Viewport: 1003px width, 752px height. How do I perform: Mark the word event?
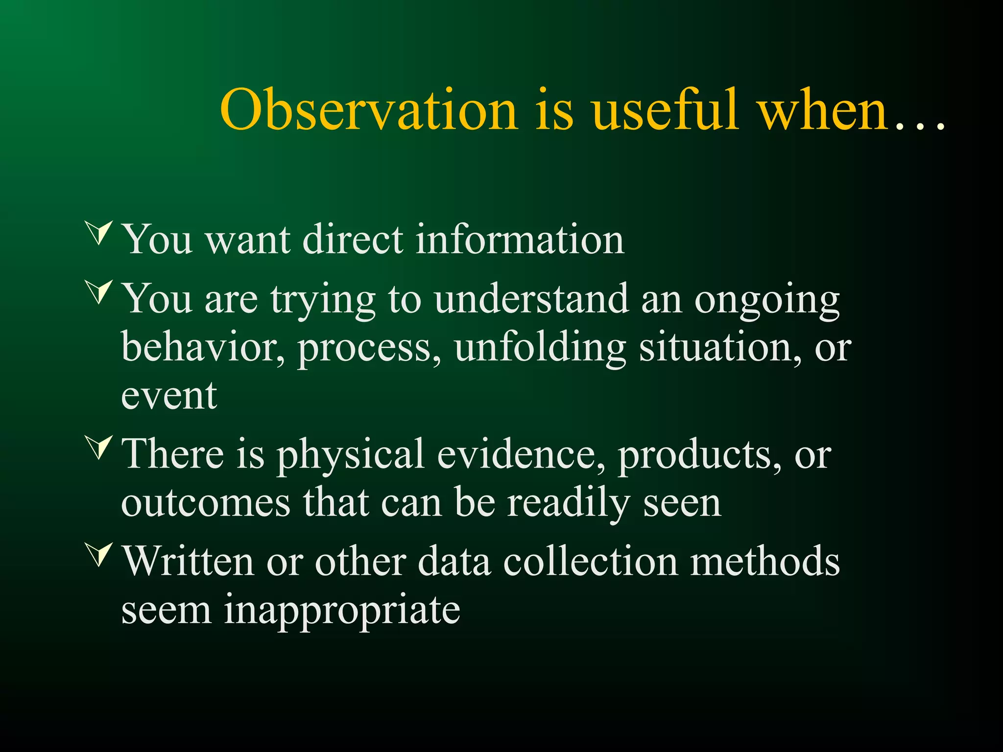pos(168,397)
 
